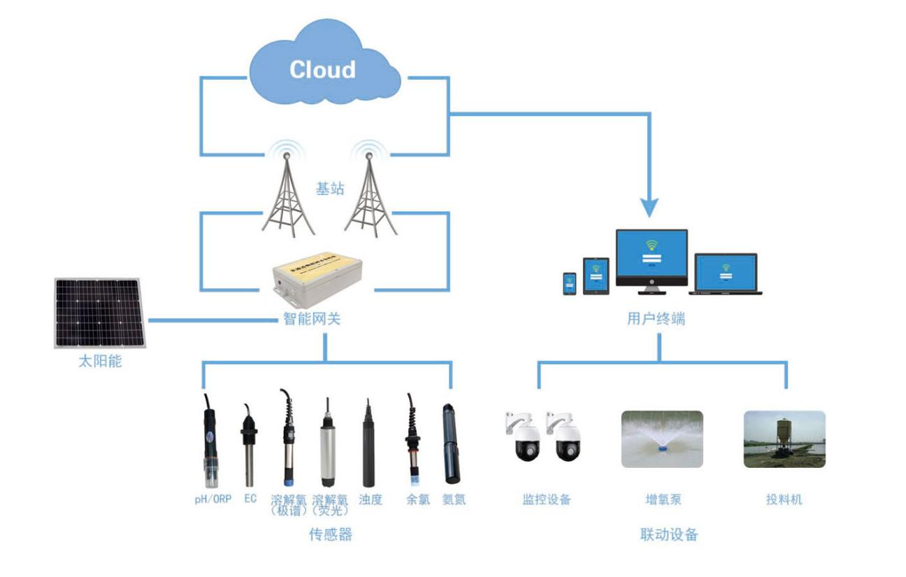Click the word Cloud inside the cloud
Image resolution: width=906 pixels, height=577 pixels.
(x=322, y=69)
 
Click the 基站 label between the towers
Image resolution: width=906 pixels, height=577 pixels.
(x=330, y=189)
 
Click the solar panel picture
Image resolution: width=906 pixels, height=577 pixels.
(x=99, y=313)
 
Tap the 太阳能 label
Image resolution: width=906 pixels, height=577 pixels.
(x=100, y=363)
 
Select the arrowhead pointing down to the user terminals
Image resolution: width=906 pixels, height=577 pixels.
(x=651, y=206)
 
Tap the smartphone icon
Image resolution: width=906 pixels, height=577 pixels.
(x=570, y=284)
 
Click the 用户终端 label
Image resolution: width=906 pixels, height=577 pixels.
(x=656, y=320)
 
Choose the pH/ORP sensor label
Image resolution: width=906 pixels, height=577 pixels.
(x=213, y=500)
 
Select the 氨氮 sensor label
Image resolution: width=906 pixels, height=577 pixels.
(x=454, y=500)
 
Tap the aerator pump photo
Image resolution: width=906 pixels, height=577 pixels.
(x=662, y=439)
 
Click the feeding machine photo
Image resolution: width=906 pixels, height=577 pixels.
(x=784, y=439)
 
